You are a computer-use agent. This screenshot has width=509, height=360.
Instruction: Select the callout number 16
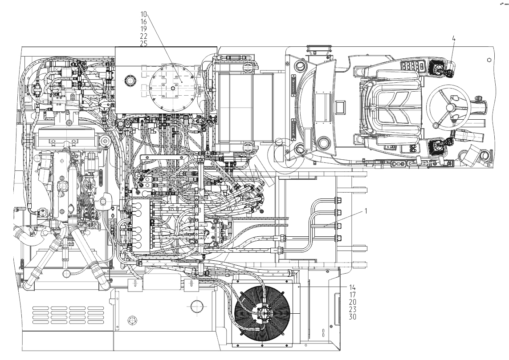144,21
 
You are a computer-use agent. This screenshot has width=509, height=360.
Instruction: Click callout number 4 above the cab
454,39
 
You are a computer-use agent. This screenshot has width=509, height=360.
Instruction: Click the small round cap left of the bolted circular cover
130,81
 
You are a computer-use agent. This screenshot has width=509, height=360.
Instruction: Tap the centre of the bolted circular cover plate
173,87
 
